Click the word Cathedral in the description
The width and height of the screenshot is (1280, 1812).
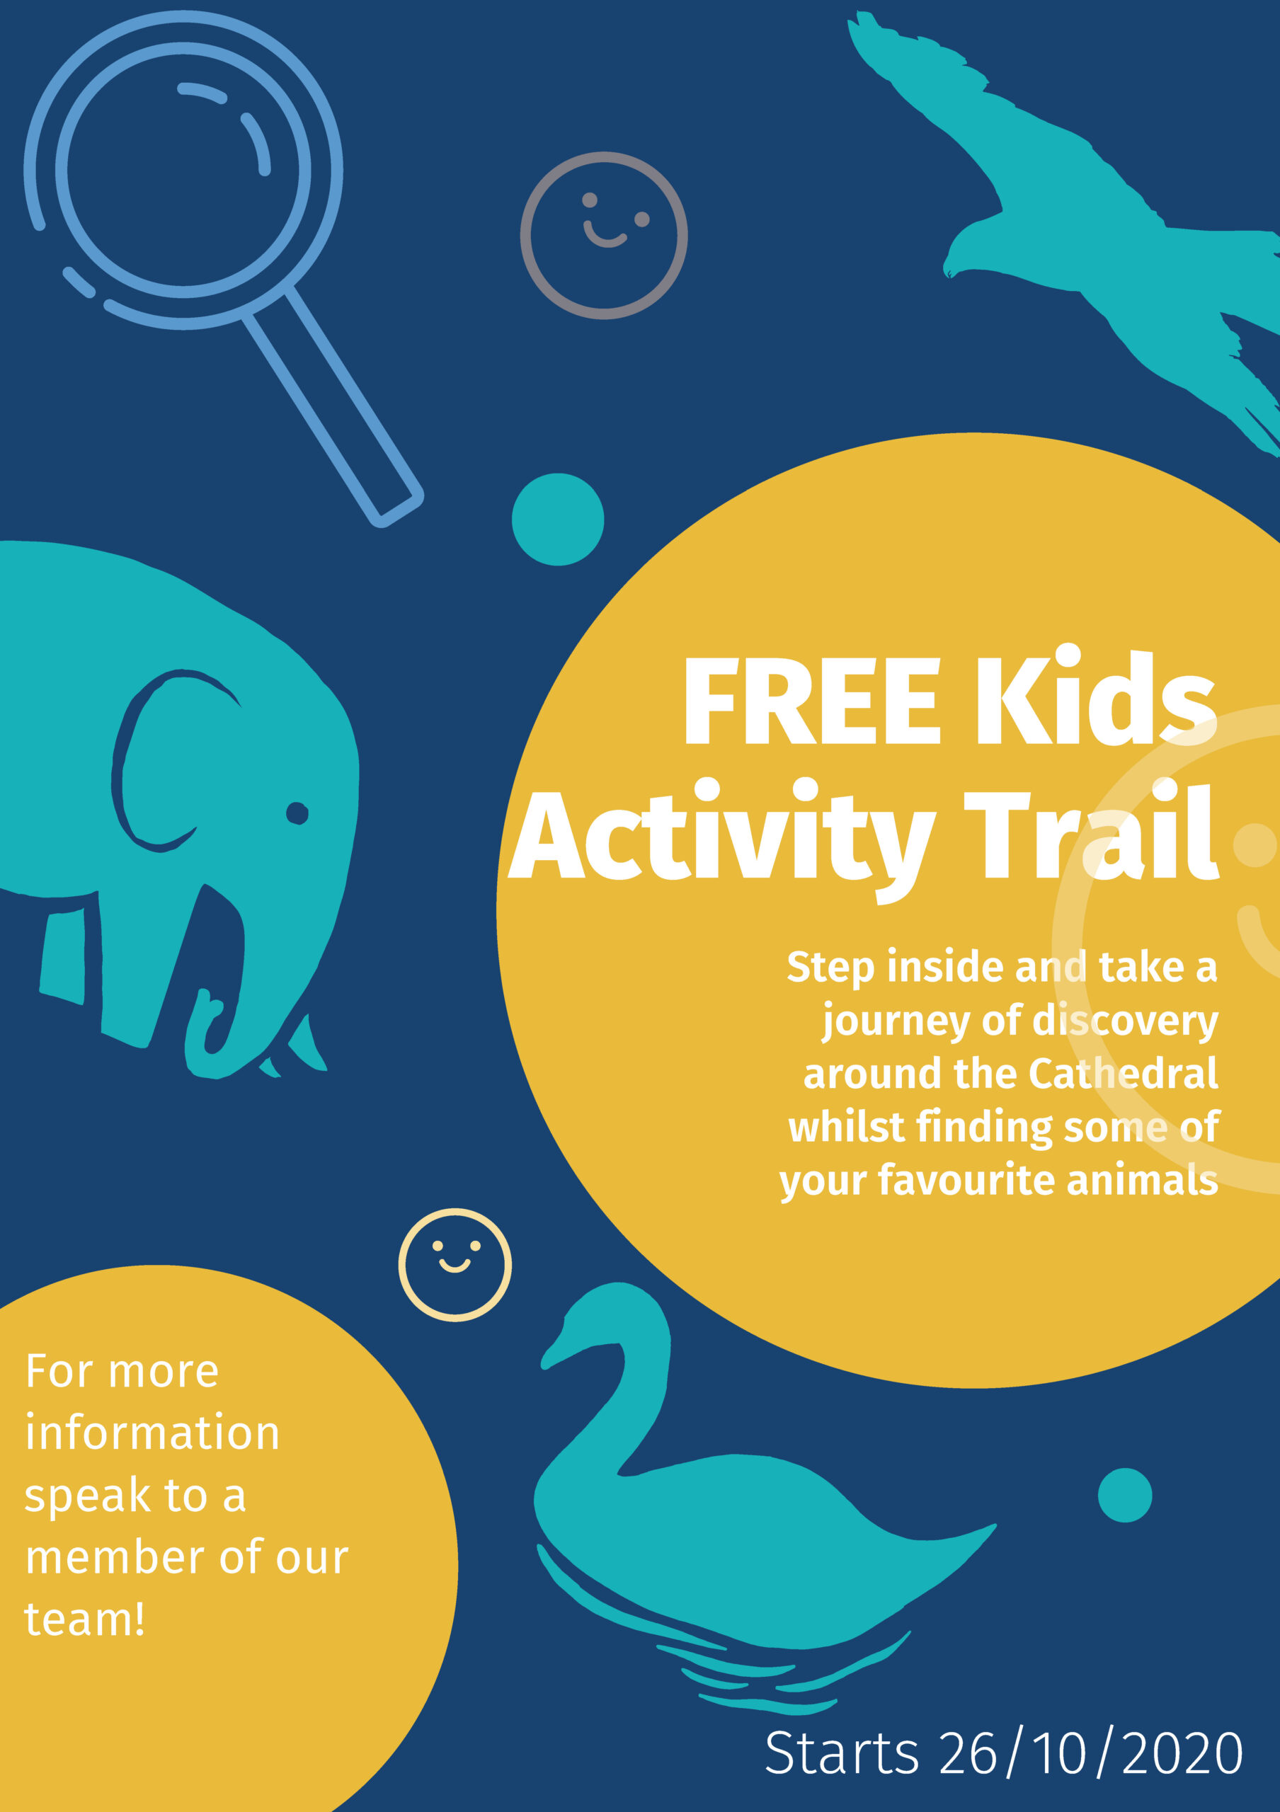tap(1123, 1073)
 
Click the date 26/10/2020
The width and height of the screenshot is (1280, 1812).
tap(1090, 1753)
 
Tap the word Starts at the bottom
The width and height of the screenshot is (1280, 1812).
tap(841, 1753)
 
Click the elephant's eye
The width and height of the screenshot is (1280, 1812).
tap(297, 813)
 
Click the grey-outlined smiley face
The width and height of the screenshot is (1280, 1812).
tap(604, 235)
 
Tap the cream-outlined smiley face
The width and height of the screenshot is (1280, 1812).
tap(455, 1264)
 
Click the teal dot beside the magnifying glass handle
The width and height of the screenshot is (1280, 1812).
tap(558, 520)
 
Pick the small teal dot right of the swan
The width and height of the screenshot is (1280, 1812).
tap(1124, 1495)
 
